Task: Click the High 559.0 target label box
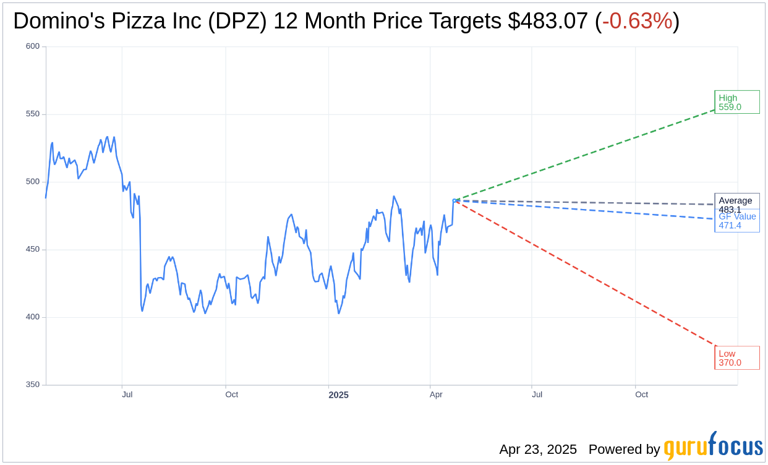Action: (736, 102)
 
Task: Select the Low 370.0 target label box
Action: (736, 358)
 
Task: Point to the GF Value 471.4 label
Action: (737, 221)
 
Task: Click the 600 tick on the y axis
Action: (33, 46)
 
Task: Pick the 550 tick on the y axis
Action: (33, 114)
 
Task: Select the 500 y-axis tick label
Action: (33, 182)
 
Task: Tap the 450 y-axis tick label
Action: (33, 249)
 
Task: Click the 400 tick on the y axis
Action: (33, 317)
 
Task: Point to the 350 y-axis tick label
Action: (33, 385)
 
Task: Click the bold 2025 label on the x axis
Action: (338, 395)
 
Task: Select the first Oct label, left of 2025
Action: (231, 395)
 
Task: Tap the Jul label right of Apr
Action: (537, 395)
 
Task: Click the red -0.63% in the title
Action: (637, 21)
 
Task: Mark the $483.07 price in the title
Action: (548, 21)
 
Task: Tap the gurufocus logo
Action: (713, 446)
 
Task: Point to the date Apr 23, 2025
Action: (538, 450)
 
